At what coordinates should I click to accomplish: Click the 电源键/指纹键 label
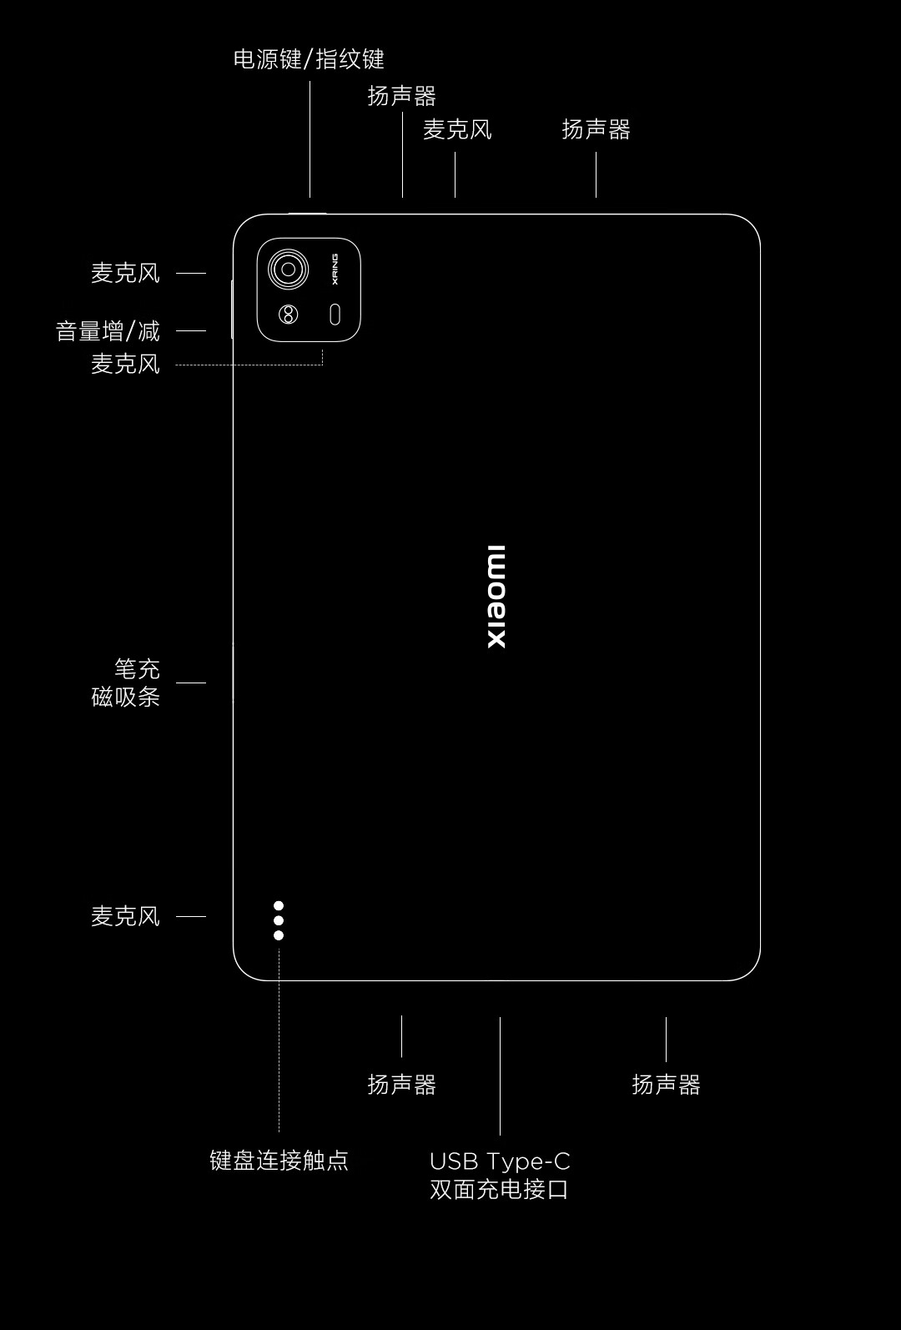(309, 59)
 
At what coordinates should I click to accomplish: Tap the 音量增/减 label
(108, 331)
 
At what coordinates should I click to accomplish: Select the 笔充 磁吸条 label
(126, 683)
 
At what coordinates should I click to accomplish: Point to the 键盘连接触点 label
(279, 1160)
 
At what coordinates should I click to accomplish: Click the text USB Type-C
(500, 1161)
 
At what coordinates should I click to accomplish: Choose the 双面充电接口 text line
(500, 1189)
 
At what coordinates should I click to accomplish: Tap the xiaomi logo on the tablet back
(496, 597)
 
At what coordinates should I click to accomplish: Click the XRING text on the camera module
(335, 269)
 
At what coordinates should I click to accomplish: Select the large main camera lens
(289, 270)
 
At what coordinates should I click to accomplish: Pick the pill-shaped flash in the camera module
(335, 315)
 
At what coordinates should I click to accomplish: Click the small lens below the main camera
(289, 315)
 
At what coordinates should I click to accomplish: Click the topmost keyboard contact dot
(279, 906)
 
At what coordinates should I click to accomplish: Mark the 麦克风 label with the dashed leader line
(125, 364)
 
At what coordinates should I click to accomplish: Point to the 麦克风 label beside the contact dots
(125, 916)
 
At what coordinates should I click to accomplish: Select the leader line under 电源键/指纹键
(310, 139)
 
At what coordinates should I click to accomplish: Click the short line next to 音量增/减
(191, 331)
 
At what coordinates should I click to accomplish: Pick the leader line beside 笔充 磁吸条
(191, 683)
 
